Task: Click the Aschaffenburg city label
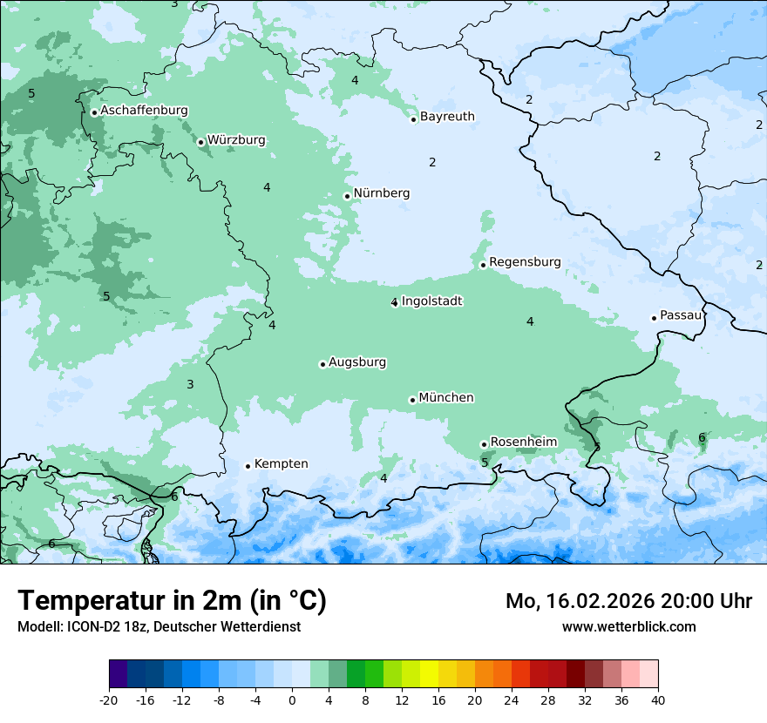pos(144,111)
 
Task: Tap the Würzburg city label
pos(236,140)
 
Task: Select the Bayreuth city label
pos(447,117)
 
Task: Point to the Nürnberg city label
pos(381,193)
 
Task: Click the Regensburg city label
pos(525,262)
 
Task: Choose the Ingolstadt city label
pos(431,301)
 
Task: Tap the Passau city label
pos(680,315)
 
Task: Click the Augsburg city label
pos(356,362)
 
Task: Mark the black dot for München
pos(413,401)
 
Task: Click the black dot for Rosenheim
pos(484,444)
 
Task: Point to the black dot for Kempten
pos(248,466)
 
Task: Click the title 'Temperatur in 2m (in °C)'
pos(172,601)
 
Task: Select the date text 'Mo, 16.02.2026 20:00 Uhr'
pos(628,601)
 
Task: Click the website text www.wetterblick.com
pos(628,626)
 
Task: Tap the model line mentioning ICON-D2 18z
pos(159,626)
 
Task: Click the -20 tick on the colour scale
pos(109,699)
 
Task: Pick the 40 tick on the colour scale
pos(658,699)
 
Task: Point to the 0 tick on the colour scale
pos(292,699)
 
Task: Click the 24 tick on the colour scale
pos(512,699)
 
